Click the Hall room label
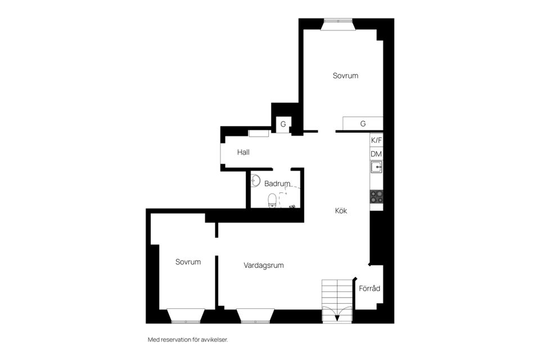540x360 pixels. coord(243,152)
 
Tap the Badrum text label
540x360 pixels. coord(277,183)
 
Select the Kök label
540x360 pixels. coord(341,211)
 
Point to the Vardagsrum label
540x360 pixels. coord(263,265)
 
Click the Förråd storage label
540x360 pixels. coord(370,289)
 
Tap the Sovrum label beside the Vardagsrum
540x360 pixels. coord(188,262)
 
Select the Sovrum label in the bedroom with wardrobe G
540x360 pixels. coord(345,75)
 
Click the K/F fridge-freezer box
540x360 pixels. coord(376,140)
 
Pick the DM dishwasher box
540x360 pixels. coord(376,154)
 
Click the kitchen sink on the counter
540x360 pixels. coord(376,166)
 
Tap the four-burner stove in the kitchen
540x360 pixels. coord(376,196)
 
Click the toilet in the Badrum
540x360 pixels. coord(272,200)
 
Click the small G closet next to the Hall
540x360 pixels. coord(283,124)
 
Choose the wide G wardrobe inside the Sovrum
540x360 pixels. coord(363,123)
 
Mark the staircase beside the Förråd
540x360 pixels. coord(336,292)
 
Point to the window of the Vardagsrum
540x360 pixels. coord(255,316)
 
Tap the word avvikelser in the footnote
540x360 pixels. coord(214,340)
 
